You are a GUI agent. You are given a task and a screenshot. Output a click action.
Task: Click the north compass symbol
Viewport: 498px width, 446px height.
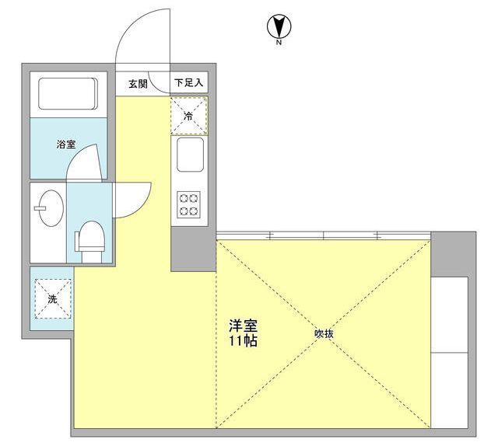(x=279, y=28)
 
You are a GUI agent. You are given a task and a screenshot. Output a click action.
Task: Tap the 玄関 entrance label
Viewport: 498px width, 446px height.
(x=139, y=84)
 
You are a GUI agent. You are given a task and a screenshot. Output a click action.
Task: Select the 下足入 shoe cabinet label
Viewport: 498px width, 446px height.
(x=188, y=83)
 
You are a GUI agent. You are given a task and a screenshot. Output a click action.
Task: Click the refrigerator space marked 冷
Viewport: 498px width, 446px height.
(x=189, y=116)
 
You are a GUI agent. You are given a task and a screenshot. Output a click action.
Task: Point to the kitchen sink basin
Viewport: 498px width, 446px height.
(x=190, y=155)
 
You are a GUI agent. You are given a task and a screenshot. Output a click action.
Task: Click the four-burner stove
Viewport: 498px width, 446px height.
(x=188, y=204)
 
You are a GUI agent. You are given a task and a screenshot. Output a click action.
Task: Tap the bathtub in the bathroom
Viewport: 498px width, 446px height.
(x=68, y=93)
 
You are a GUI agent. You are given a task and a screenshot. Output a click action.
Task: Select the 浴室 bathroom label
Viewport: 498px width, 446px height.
(x=66, y=145)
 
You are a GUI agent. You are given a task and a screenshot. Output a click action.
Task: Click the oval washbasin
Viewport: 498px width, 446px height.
(x=51, y=208)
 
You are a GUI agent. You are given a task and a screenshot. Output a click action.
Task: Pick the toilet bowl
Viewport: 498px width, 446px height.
(x=92, y=236)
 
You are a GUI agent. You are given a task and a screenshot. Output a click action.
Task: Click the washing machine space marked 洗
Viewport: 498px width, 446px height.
(x=53, y=298)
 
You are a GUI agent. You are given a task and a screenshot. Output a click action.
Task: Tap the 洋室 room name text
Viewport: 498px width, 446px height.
(x=243, y=326)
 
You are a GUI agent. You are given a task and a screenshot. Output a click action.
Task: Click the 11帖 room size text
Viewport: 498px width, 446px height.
(x=243, y=340)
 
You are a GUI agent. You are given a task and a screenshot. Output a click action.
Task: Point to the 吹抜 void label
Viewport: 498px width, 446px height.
(x=324, y=333)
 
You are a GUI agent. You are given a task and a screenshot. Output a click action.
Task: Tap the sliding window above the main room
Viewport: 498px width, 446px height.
(x=324, y=235)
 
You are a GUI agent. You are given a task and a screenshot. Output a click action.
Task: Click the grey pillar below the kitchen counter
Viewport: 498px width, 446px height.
(x=194, y=249)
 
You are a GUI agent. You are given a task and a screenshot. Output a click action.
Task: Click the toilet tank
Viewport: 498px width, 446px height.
(x=77, y=242)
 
